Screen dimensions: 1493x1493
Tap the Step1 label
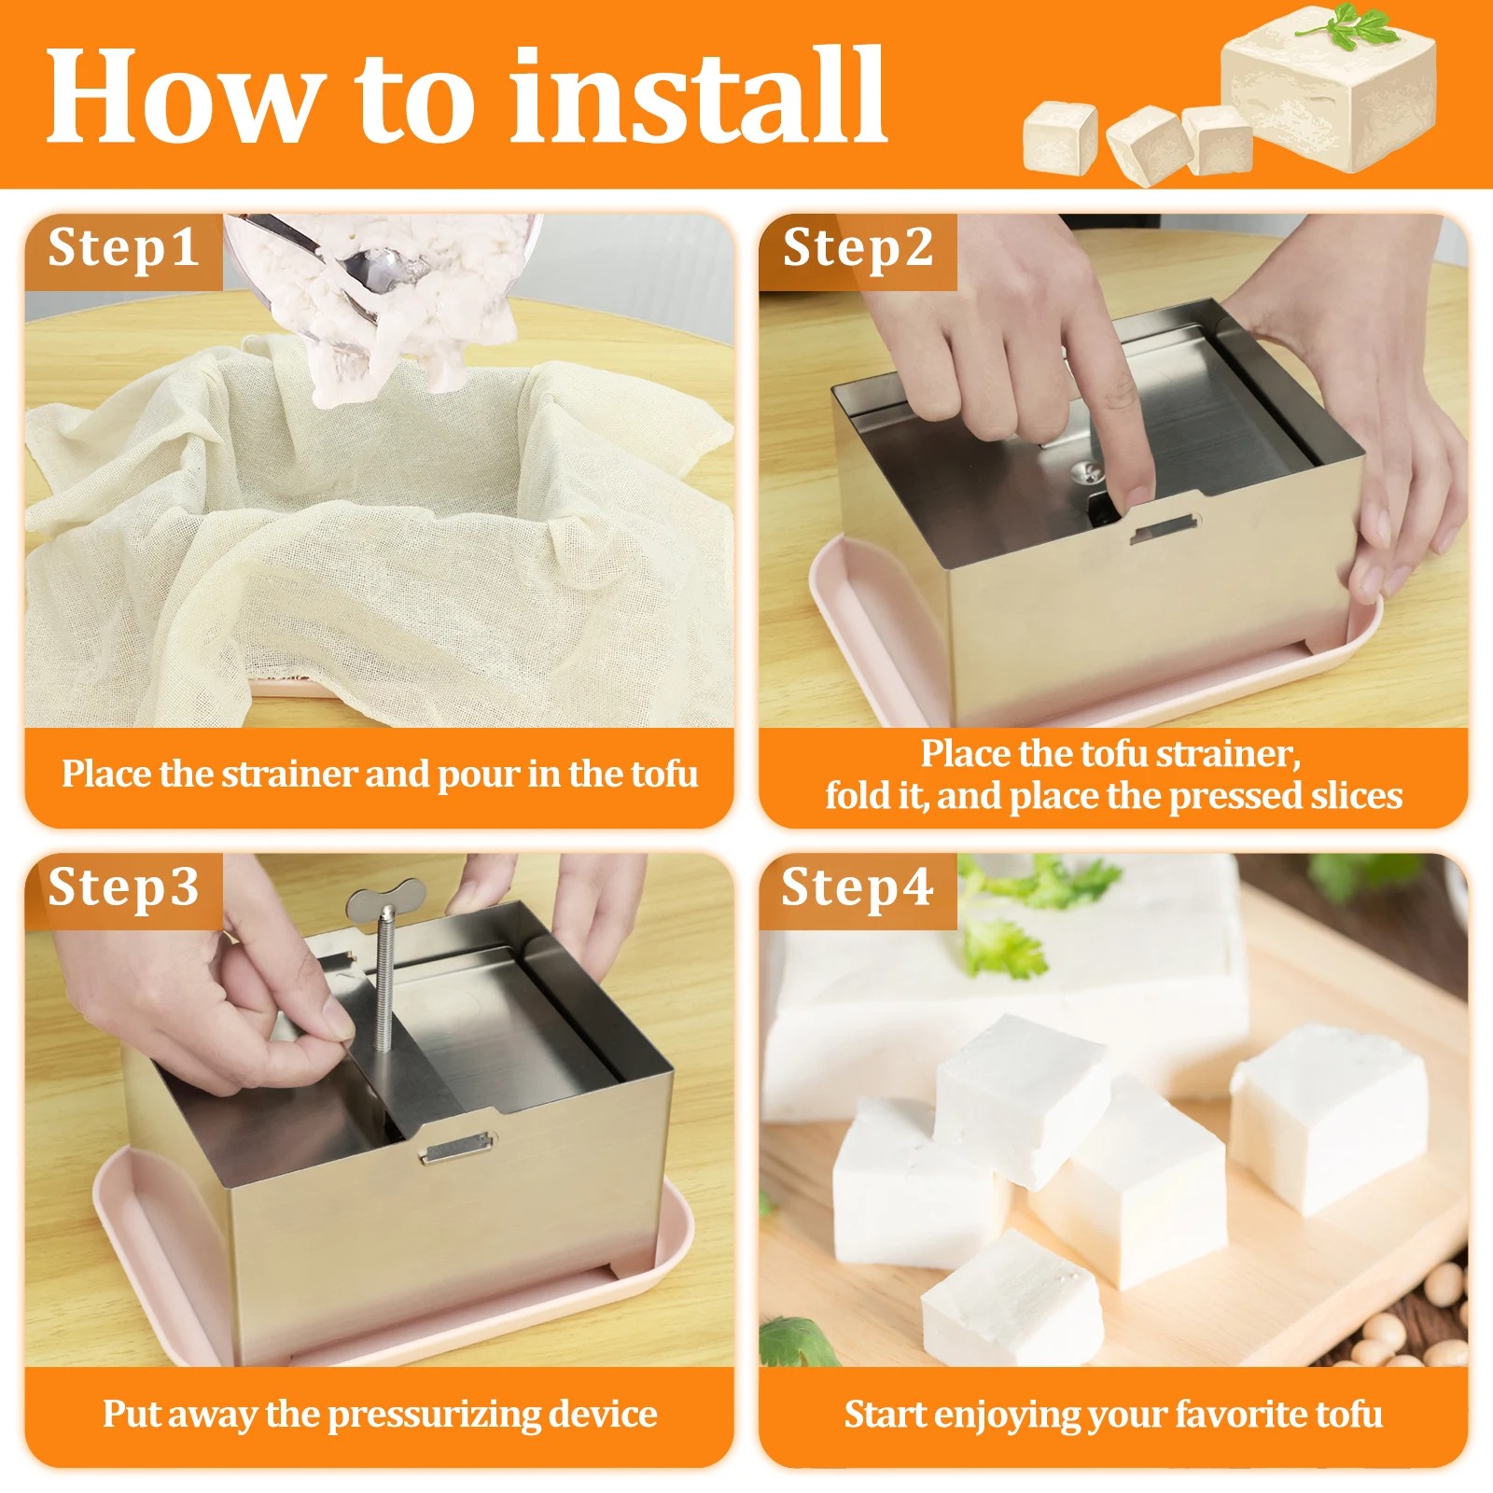click(x=123, y=248)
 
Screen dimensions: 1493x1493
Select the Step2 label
click(x=858, y=248)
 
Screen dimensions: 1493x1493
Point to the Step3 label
click(x=123, y=887)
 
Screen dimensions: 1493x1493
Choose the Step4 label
click(x=857, y=887)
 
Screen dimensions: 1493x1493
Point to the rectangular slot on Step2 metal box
click(x=1164, y=530)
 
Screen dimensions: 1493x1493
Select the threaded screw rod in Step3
click(x=384, y=989)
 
